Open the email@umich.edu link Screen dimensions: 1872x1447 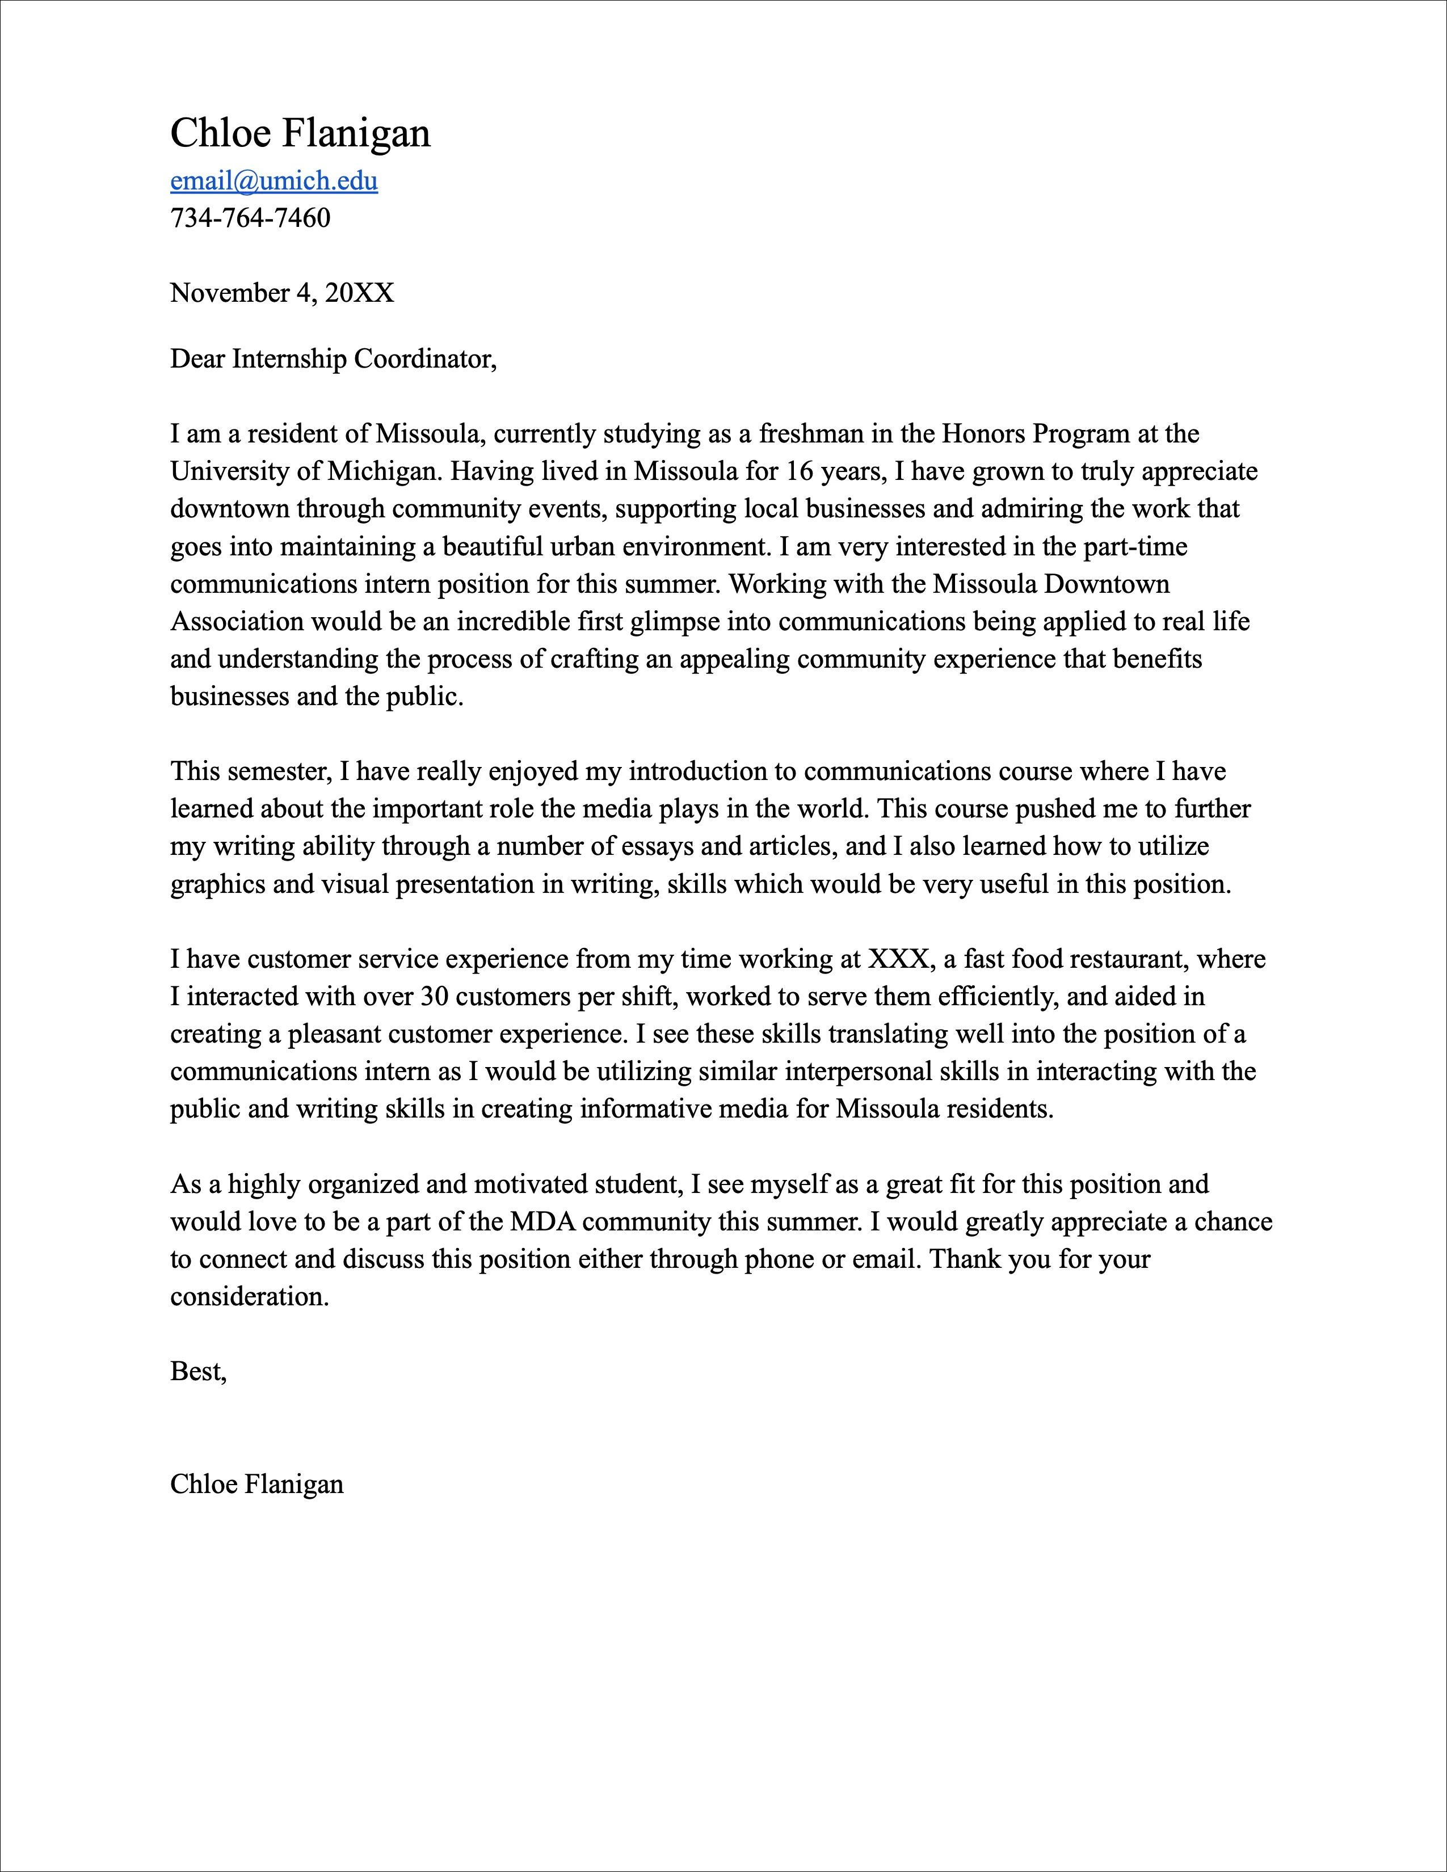[x=274, y=181]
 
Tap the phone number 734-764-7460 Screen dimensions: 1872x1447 [x=250, y=218]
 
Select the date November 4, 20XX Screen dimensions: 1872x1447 [x=282, y=293]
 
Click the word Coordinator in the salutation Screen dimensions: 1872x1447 [x=424, y=359]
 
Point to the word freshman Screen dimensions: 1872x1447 [x=811, y=434]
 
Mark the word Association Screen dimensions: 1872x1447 [x=237, y=621]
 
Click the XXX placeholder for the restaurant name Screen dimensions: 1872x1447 [x=898, y=959]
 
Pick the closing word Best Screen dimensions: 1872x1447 [x=196, y=1372]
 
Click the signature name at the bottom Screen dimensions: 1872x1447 [x=256, y=1485]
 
